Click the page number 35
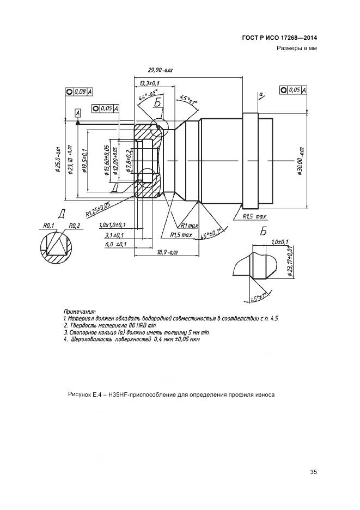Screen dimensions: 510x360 (313, 472)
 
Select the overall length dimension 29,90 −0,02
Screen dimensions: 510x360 (160, 70)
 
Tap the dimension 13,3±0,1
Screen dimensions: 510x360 (148, 82)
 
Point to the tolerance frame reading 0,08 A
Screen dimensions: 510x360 (79, 92)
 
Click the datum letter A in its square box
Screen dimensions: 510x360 (77, 112)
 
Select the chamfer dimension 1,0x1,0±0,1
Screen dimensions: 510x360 (112, 224)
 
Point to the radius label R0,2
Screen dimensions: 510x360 (74, 225)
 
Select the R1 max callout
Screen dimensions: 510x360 (189, 224)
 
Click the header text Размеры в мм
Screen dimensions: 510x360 (297, 49)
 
